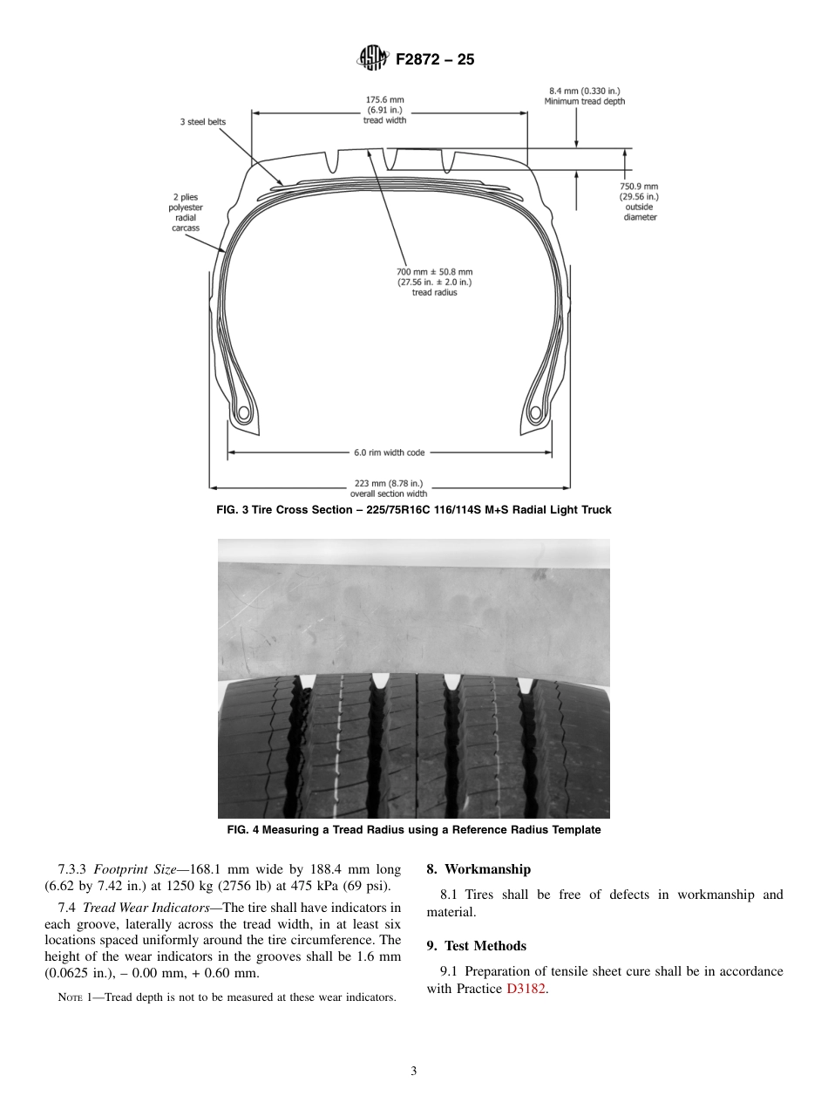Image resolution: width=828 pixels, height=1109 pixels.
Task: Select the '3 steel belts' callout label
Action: (203, 122)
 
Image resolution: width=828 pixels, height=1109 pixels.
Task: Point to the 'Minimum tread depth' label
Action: (584, 101)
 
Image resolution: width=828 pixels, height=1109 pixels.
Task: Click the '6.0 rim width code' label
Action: (389, 452)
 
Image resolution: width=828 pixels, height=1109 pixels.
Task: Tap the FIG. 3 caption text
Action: (413, 510)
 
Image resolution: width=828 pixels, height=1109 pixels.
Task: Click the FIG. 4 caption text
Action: (413, 830)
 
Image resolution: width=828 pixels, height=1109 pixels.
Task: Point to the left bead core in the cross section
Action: (243, 412)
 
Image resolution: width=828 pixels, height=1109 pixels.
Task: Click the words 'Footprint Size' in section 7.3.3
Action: (127, 869)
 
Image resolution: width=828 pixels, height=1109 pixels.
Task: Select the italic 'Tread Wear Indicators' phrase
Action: (146, 908)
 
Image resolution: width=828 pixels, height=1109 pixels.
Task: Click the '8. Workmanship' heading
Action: (478, 869)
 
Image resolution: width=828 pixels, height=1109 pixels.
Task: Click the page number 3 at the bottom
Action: (414, 1072)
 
